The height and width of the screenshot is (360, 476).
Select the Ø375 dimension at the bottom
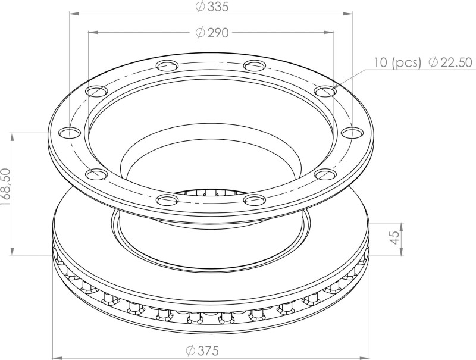(202, 350)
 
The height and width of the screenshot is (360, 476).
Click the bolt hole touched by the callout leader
(324, 92)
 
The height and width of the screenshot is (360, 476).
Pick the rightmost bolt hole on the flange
(355, 132)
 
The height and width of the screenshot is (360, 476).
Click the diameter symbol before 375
(191, 350)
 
